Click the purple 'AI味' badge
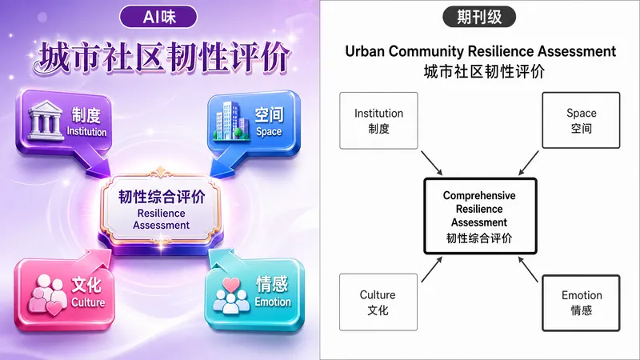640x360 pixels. [x=158, y=17]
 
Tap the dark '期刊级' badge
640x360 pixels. [x=479, y=17]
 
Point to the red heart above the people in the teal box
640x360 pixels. [x=231, y=285]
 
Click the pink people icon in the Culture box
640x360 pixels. [x=48, y=294]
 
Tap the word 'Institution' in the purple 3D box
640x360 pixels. [x=86, y=132]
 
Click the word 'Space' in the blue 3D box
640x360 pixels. [x=269, y=132]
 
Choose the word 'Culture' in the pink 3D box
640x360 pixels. [x=88, y=302]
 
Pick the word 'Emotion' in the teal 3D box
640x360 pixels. [x=273, y=302]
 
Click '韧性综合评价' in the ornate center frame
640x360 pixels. [x=162, y=197]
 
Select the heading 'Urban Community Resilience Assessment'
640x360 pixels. [x=481, y=51]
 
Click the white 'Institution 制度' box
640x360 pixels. [x=378, y=121]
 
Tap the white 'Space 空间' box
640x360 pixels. [x=581, y=120]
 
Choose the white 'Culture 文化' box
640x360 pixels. [x=378, y=302]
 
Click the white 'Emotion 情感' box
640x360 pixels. [x=582, y=303]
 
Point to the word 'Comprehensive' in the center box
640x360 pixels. [x=479, y=195]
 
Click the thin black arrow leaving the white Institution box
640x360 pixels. [x=431, y=163]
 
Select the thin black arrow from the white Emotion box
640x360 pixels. [x=528, y=270]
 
